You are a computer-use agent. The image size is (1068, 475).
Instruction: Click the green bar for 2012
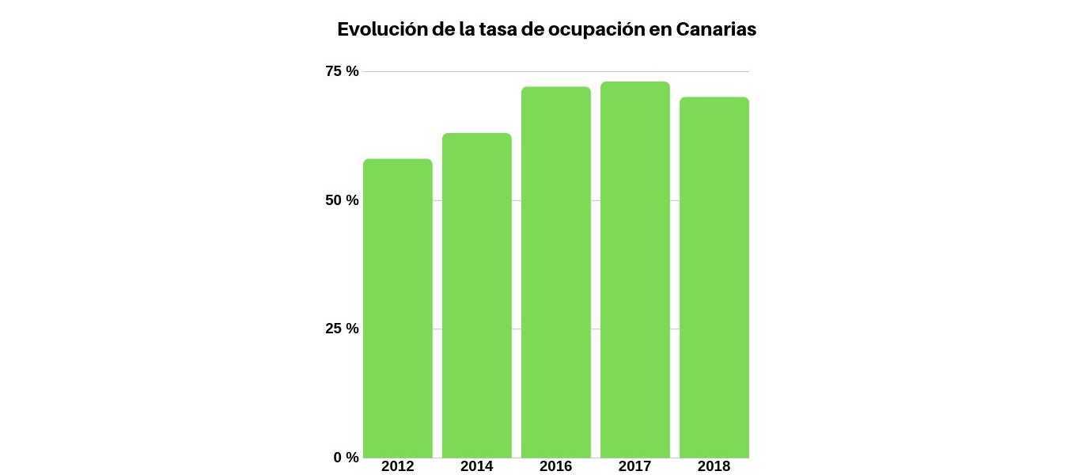click(398, 309)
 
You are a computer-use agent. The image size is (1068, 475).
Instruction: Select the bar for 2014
click(477, 295)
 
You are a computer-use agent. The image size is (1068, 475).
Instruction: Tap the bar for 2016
click(556, 272)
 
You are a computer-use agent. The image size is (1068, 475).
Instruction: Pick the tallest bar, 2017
click(635, 270)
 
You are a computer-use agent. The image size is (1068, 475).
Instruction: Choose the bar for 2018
click(714, 277)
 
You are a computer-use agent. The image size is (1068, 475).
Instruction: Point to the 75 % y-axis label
click(342, 71)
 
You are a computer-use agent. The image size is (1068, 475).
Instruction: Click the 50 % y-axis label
click(342, 200)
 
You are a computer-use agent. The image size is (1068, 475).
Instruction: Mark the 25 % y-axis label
click(342, 329)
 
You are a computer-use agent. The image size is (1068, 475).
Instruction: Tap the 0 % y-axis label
click(346, 458)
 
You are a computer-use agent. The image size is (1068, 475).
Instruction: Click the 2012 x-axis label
click(397, 466)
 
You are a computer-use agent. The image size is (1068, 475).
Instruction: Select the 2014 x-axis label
click(476, 466)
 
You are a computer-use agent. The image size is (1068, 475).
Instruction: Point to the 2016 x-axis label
click(555, 466)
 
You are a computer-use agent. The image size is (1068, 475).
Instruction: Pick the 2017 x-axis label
click(634, 466)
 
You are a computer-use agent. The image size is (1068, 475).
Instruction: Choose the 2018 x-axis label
click(714, 466)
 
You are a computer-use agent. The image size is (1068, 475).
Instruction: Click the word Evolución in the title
click(383, 29)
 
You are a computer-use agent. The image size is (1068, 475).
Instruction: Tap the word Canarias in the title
click(716, 29)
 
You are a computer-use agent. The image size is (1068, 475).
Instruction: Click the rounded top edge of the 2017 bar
click(635, 83)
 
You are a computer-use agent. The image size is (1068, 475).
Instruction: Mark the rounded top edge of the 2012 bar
click(398, 161)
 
